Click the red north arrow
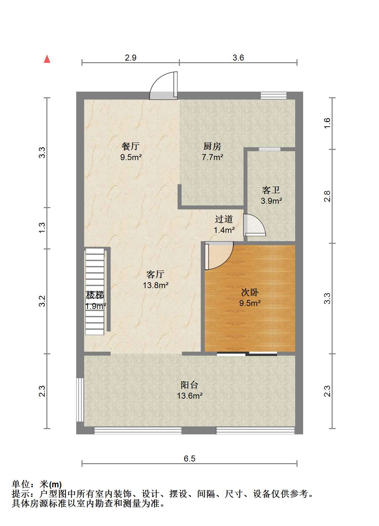click(x=47, y=59)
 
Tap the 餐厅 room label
click(x=131, y=146)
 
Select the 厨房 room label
click(x=212, y=146)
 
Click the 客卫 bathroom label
click(x=271, y=190)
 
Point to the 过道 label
click(x=224, y=219)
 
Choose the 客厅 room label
click(x=155, y=274)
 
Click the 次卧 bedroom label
click(x=250, y=292)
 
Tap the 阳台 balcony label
click(x=189, y=385)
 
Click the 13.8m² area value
click(x=156, y=285)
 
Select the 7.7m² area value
click(x=212, y=157)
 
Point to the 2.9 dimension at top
click(x=131, y=58)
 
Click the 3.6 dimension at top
click(x=238, y=58)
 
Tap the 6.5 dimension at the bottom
click(x=189, y=459)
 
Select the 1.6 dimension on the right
click(x=327, y=123)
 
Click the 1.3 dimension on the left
click(x=42, y=228)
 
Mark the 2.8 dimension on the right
click(x=327, y=196)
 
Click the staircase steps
click(x=95, y=291)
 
